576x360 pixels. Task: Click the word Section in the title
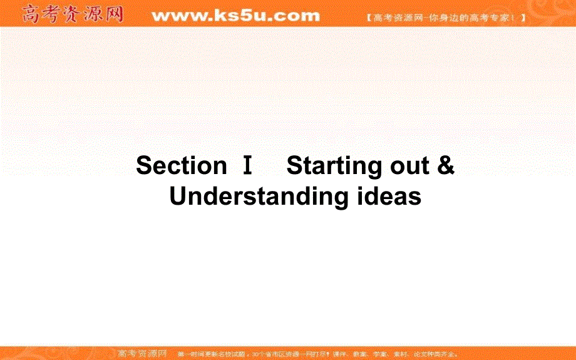point(181,166)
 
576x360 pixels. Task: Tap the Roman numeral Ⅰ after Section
point(247,167)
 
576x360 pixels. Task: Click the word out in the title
point(401,167)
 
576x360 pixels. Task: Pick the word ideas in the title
point(388,197)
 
